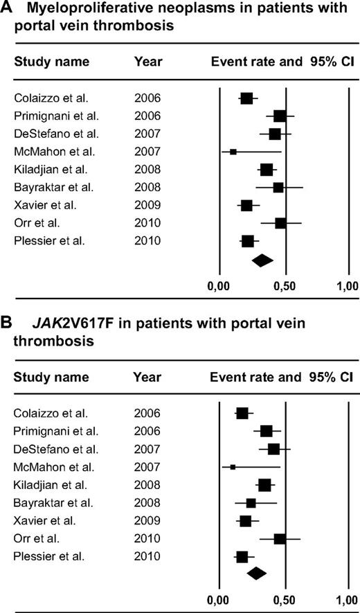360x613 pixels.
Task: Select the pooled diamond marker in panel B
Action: pyautogui.click(x=257, y=573)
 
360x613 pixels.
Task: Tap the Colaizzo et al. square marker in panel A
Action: pyautogui.click(x=246, y=98)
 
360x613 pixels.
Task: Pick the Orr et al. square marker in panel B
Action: pyautogui.click(x=280, y=538)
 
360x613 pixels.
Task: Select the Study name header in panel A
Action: pyautogui.click(x=52, y=62)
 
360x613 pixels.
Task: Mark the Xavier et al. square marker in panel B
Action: pyautogui.click(x=245, y=520)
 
